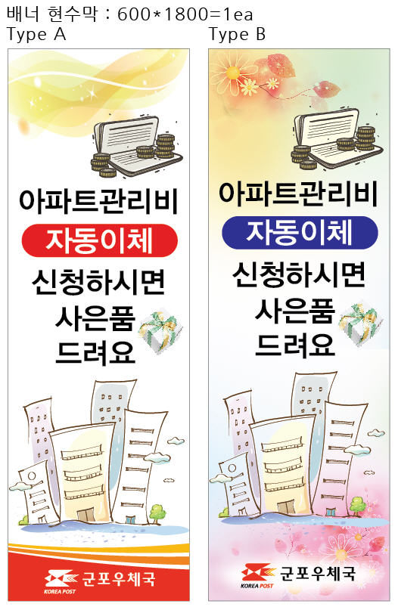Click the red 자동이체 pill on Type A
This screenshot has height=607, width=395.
pyautogui.click(x=100, y=240)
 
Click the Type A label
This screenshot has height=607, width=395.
pyautogui.click(x=36, y=34)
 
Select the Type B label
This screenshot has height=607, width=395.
pyautogui.click(x=238, y=34)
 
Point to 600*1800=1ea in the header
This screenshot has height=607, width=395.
pyautogui.click(x=185, y=14)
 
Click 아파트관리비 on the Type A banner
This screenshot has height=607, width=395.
pyautogui.click(x=98, y=201)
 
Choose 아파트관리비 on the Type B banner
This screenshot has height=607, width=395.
pyautogui.click(x=298, y=194)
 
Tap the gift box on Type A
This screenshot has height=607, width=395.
pyautogui.click(x=160, y=331)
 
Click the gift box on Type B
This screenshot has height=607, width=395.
pyautogui.click(x=360, y=324)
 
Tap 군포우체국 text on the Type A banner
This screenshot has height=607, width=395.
pyautogui.click(x=119, y=579)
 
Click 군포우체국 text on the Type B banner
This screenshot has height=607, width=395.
pyautogui.click(x=318, y=573)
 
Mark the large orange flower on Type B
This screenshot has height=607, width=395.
pyautogui.click(x=233, y=73)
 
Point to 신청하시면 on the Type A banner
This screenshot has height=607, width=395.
pyautogui.click(x=98, y=282)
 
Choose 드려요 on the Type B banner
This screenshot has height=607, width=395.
pyautogui.click(x=295, y=345)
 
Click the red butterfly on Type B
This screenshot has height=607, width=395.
pyautogui.click(x=328, y=91)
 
